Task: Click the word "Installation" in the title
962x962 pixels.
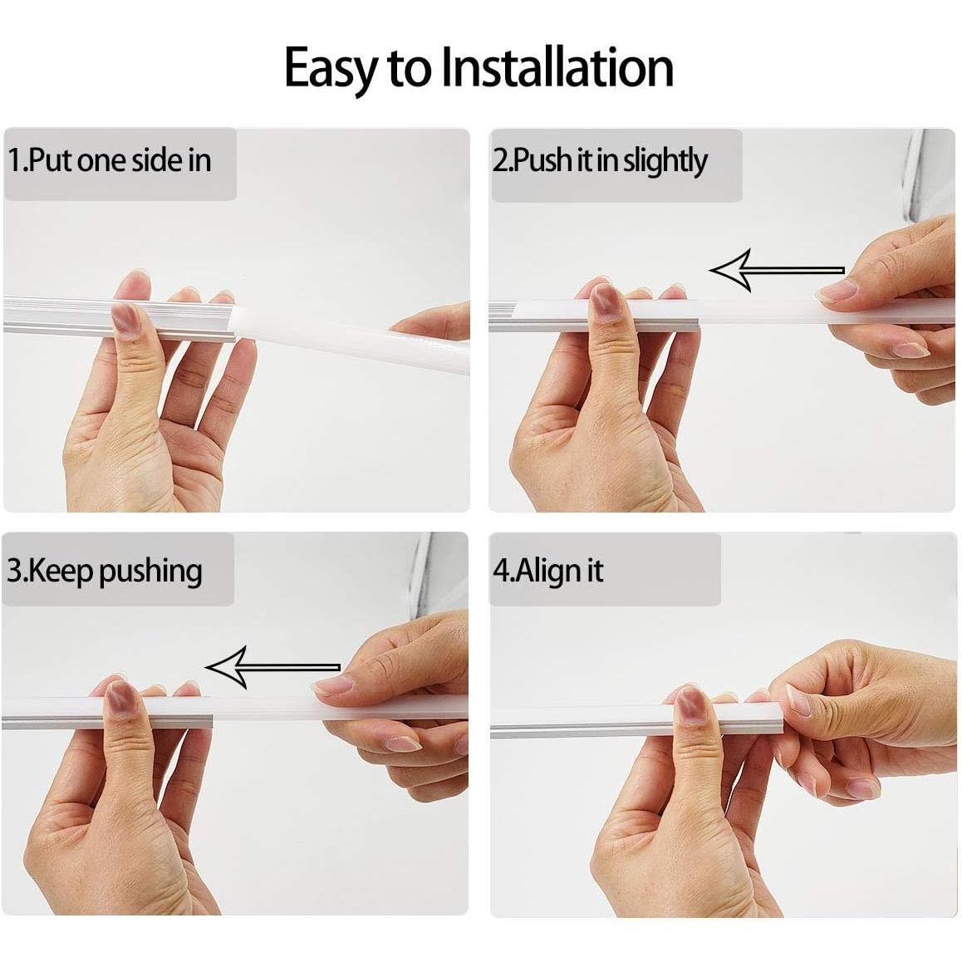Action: [557, 68]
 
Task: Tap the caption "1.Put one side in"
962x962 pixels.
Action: [110, 160]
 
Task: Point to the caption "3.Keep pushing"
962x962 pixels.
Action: [105, 572]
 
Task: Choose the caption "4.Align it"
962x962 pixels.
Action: [548, 571]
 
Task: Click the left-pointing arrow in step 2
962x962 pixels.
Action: [776, 270]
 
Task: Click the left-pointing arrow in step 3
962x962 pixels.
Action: [272, 667]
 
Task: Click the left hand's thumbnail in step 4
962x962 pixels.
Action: [690, 704]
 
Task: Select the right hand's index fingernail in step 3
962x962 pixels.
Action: [331, 684]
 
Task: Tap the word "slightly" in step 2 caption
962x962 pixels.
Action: [665, 161]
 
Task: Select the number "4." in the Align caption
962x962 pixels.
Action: [503, 571]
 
